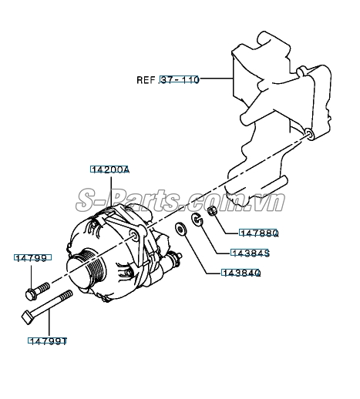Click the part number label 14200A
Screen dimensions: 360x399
[109, 169]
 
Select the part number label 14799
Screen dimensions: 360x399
[32, 257]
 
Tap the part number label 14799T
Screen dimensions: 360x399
[48, 340]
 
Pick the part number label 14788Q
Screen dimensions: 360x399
[258, 233]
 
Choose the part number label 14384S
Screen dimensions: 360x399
[250, 253]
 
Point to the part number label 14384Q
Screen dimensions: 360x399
[241, 273]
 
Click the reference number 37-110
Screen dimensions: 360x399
[179, 79]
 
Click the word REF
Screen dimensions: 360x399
[146, 80]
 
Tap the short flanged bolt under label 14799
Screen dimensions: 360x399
[38, 291]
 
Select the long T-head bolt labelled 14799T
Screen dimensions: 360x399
[46, 307]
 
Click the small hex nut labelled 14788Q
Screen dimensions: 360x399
[212, 211]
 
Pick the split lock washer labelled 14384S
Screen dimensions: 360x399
[197, 220]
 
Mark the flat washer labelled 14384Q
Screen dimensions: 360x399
[181, 229]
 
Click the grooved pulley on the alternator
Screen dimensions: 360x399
[86, 269]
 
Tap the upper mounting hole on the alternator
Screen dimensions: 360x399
[134, 234]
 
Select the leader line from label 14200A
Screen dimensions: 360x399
[111, 191]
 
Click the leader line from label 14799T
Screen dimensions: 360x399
[49, 324]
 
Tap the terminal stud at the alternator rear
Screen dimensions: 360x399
[176, 257]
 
